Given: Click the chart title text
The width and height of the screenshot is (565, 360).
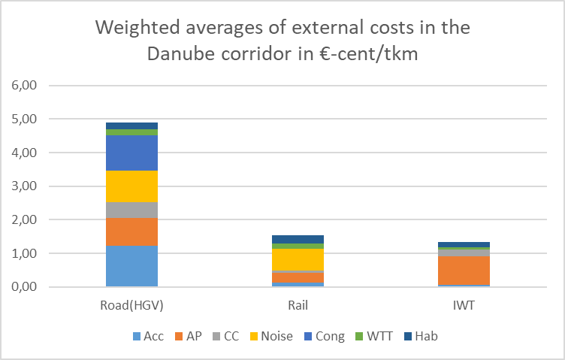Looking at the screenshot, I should click(x=282, y=42).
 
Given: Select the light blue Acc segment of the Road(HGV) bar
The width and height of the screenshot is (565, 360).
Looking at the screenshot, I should click(x=131, y=266).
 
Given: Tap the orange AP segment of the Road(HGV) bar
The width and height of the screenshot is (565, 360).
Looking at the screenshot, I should click(x=131, y=232).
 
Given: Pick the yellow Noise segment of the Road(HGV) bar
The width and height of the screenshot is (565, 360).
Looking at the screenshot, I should click(x=131, y=186).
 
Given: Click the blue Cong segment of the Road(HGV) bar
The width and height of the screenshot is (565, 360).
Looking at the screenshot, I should click(x=131, y=153).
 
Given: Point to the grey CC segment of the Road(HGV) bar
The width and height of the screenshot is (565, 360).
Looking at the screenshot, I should click(x=131, y=210).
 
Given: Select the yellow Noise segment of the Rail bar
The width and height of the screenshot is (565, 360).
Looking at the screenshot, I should click(x=298, y=259).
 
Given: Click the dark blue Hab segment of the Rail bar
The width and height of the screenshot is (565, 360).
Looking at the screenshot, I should click(x=298, y=239).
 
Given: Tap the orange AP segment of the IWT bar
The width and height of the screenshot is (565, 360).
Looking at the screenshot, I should click(x=464, y=271).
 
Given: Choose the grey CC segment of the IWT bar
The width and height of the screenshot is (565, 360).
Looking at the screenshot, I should click(x=464, y=253).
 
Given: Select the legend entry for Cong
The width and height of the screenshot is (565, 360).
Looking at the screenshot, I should click(x=324, y=336).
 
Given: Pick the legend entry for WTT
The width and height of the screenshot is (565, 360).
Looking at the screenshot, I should click(x=373, y=336).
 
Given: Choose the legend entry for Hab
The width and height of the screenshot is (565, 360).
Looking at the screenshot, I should click(x=421, y=336).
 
